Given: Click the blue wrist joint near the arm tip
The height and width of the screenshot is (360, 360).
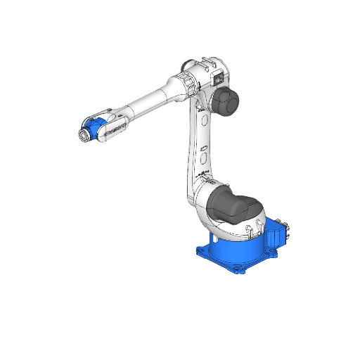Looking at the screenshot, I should pos(97,128).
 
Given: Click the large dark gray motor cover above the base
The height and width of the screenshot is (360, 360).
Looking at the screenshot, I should pos(231,202).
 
